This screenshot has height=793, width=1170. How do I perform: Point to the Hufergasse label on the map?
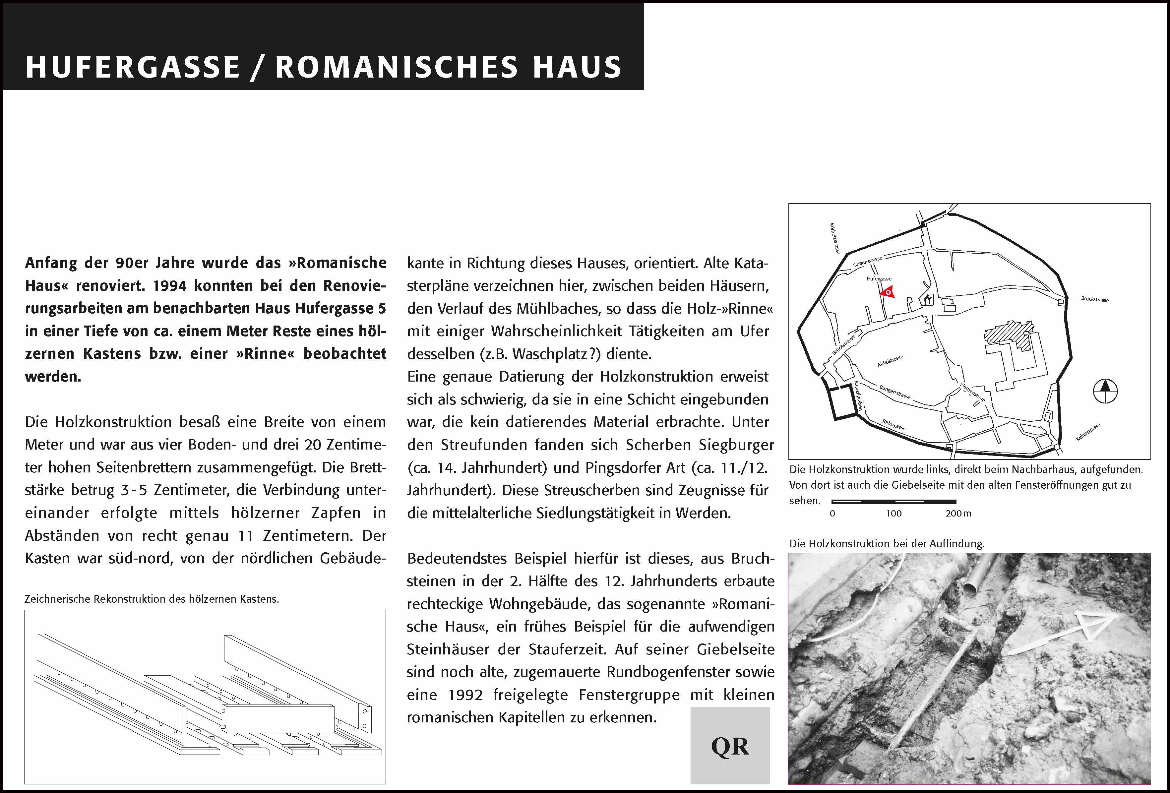pyautogui.click(x=879, y=278)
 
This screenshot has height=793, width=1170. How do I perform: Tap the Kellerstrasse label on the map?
pyautogui.click(x=1088, y=432)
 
